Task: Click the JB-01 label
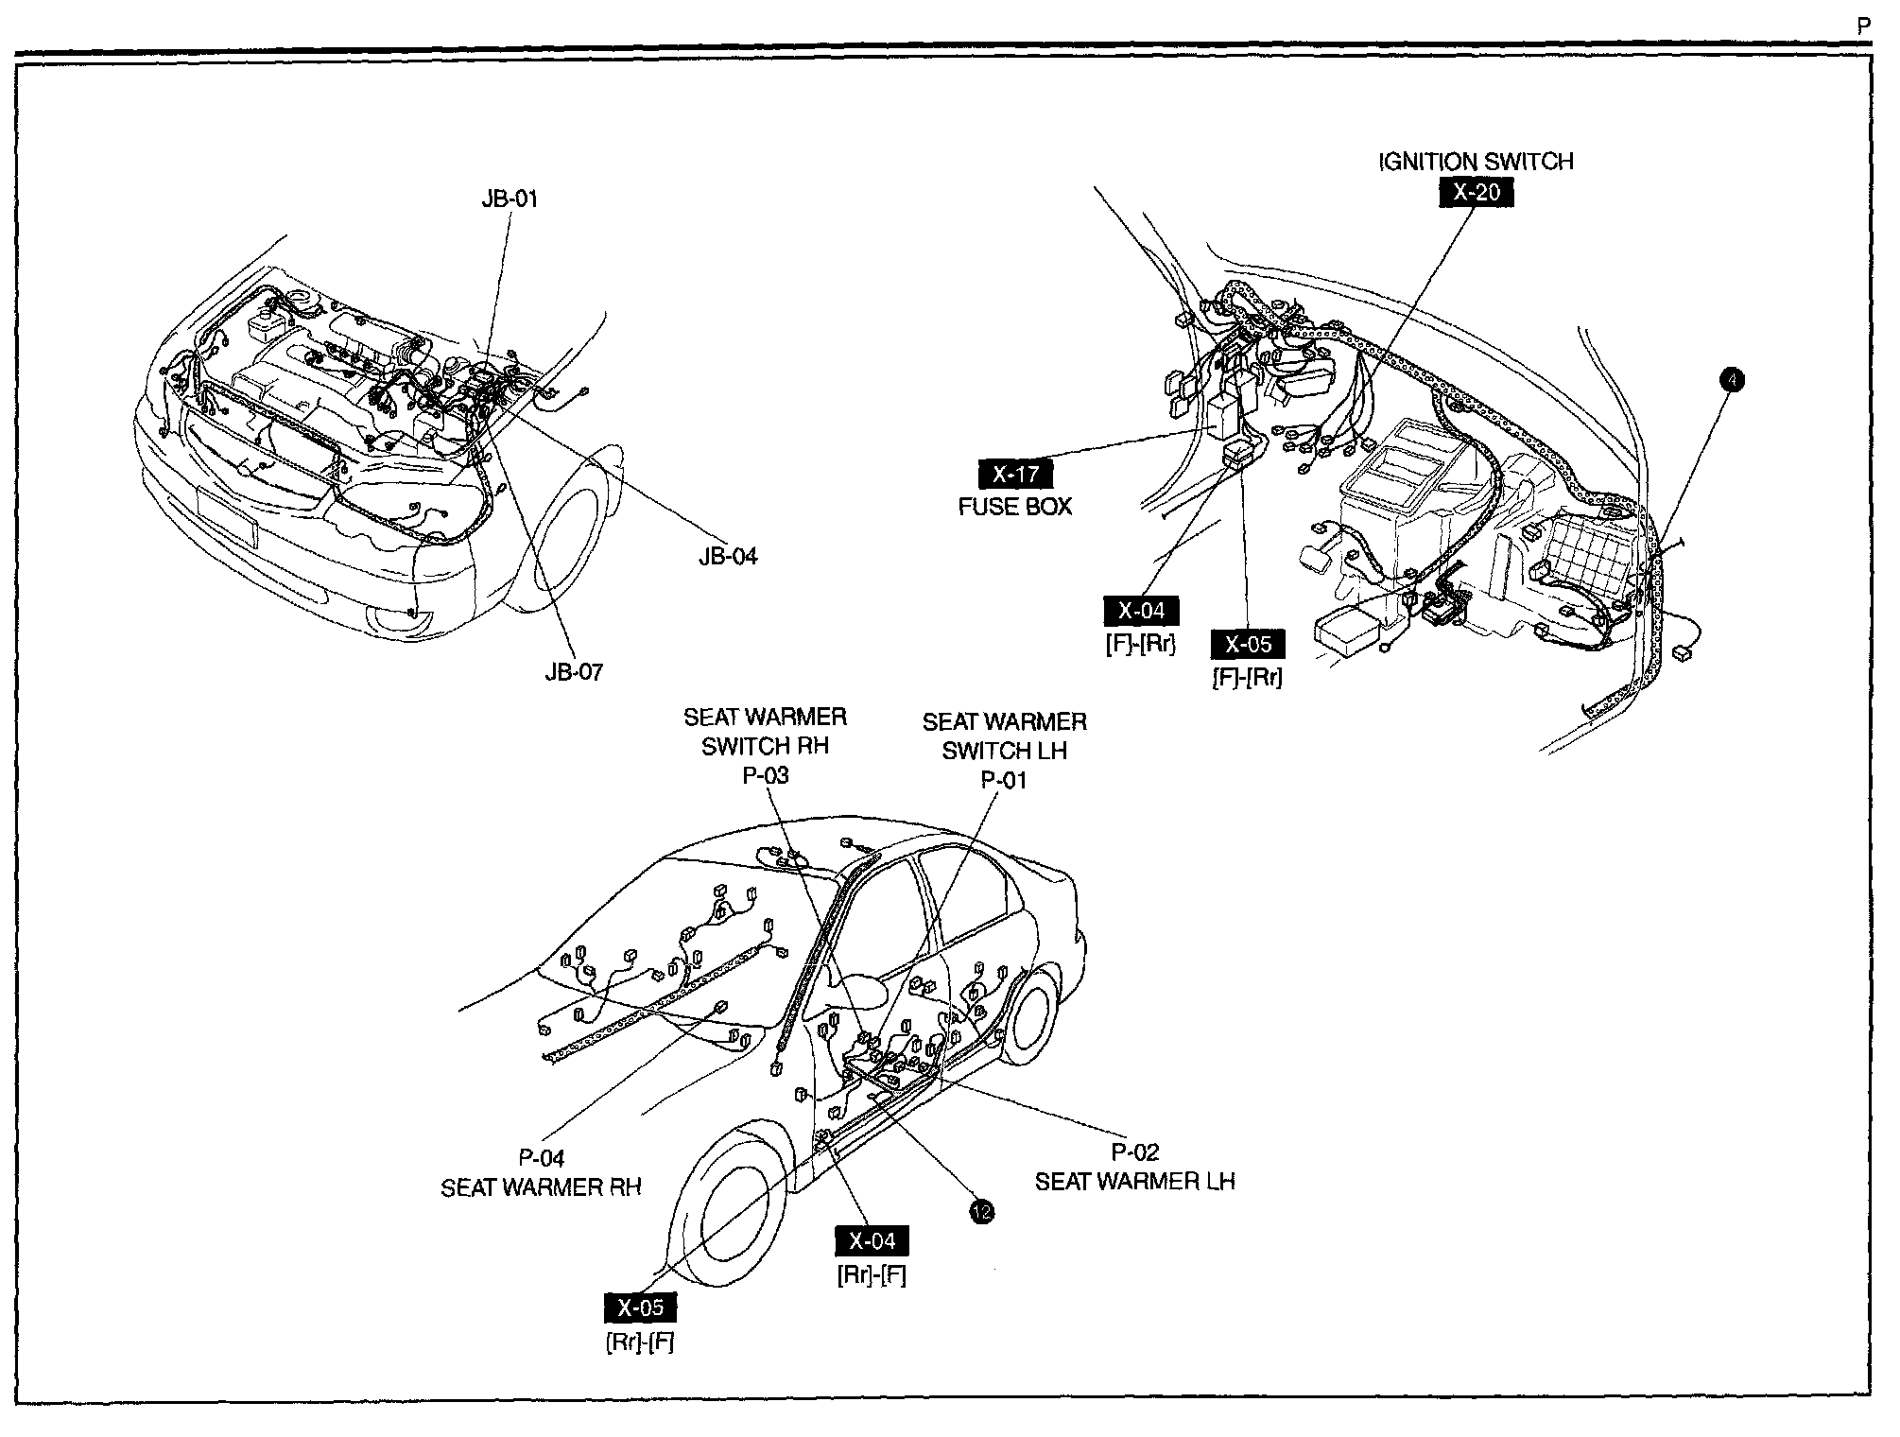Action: (510, 199)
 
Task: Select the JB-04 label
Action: (728, 556)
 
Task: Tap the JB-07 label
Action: (574, 672)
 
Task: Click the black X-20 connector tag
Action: (1476, 192)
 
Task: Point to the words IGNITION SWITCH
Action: (1476, 162)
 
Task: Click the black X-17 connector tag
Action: (1015, 475)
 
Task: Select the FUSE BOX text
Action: (1015, 507)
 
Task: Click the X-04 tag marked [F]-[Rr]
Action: (1141, 611)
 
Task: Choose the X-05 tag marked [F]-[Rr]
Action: (1248, 645)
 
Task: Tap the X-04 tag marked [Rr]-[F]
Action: (872, 1241)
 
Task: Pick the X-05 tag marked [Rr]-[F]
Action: (640, 1308)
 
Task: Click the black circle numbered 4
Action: (1732, 380)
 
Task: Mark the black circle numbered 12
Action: (982, 1212)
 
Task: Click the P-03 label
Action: (765, 775)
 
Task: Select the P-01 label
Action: (1004, 780)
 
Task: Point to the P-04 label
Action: (541, 1158)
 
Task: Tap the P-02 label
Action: (1134, 1152)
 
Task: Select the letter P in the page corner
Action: (1863, 27)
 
